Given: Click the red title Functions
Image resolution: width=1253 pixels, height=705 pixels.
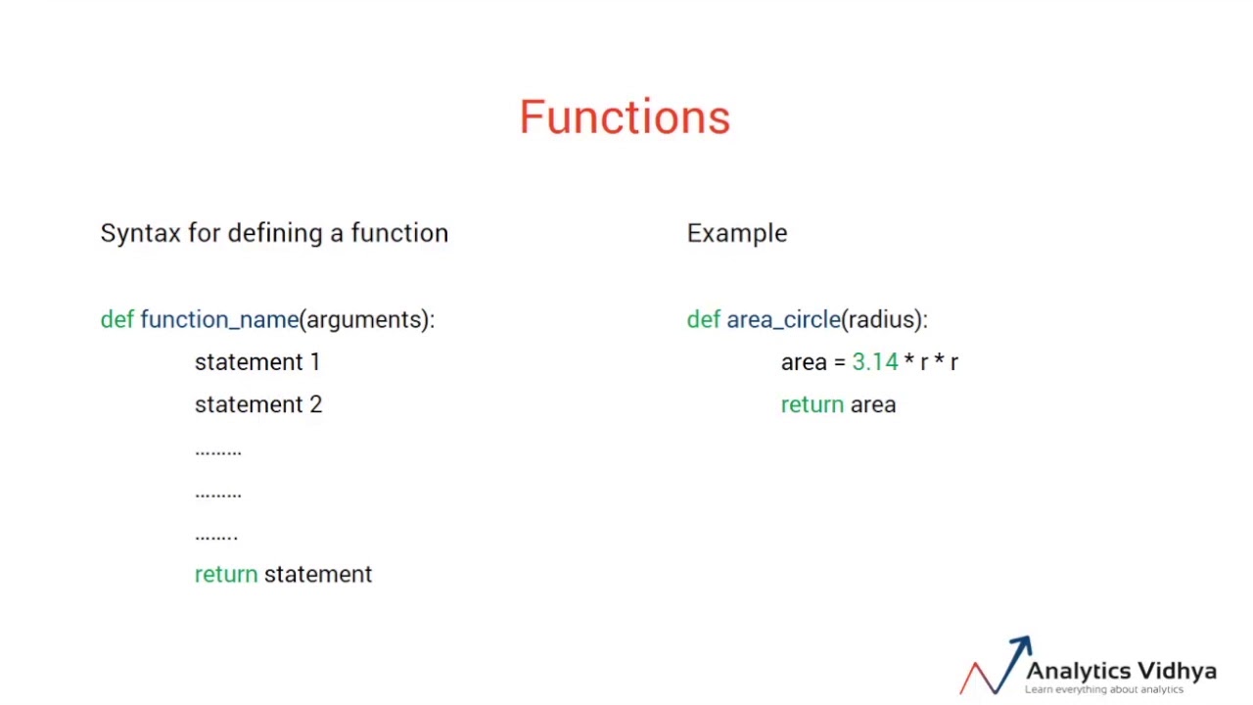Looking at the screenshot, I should (625, 117).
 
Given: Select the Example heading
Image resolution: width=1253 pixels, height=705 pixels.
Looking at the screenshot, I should (736, 233).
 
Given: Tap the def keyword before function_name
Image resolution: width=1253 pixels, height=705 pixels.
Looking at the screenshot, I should (116, 319).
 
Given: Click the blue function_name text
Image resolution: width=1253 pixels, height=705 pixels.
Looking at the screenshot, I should (219, 320).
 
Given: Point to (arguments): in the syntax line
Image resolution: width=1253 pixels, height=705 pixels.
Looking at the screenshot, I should (367, 320).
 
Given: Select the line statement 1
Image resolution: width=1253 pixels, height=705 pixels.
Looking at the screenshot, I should (256, 362).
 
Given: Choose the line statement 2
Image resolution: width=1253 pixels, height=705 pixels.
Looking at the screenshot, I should (257, 404).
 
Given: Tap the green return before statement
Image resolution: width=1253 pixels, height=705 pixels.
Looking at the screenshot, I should (225, 575).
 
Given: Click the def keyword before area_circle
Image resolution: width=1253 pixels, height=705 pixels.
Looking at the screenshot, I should (703, 319).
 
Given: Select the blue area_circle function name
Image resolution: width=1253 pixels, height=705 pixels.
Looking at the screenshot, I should (783, 320).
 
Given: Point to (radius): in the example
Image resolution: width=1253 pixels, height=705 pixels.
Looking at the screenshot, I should (885, 320).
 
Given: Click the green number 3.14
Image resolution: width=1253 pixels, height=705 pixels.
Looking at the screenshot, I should (874, 362).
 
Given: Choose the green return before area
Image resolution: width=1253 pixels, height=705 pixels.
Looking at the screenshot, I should (812, 404).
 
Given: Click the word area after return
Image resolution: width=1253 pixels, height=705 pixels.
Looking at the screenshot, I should (872, 405).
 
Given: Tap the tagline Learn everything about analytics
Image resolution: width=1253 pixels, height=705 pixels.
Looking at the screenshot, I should (1103, 689).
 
